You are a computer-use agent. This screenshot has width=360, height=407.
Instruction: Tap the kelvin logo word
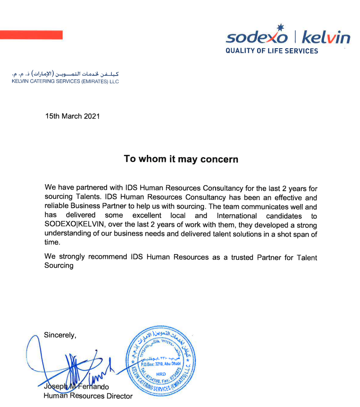pos(326,37)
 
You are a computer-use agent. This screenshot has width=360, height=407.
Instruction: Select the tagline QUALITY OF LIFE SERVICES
pos(272,51)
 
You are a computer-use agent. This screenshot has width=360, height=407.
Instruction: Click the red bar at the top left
pos(31,35)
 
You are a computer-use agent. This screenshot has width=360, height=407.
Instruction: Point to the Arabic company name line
pos(65,74)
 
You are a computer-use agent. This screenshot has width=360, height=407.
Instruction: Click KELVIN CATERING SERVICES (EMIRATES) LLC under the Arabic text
pos(65,81)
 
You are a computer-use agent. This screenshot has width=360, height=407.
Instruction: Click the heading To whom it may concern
pos(181,159)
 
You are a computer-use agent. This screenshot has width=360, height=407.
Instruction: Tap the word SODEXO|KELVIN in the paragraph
pos(75,225)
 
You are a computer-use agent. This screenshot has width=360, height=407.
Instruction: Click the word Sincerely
pos(60,335)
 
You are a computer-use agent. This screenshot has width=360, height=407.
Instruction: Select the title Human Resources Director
pos(88,396)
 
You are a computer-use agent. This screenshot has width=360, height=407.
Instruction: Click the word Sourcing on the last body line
pos(59,265)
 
